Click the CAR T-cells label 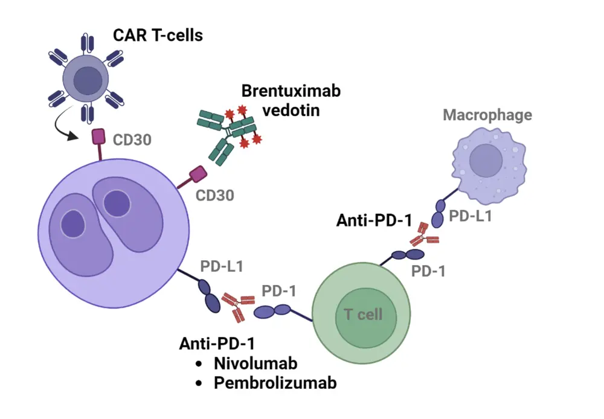point(158,35)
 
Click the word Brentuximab point(291,91)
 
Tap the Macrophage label point(487,115)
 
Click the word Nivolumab point(255,364)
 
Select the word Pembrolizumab point(275,383)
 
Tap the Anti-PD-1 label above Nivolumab point(216,344)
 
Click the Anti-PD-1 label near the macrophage point(374,222)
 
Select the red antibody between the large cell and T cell point(237,305)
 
